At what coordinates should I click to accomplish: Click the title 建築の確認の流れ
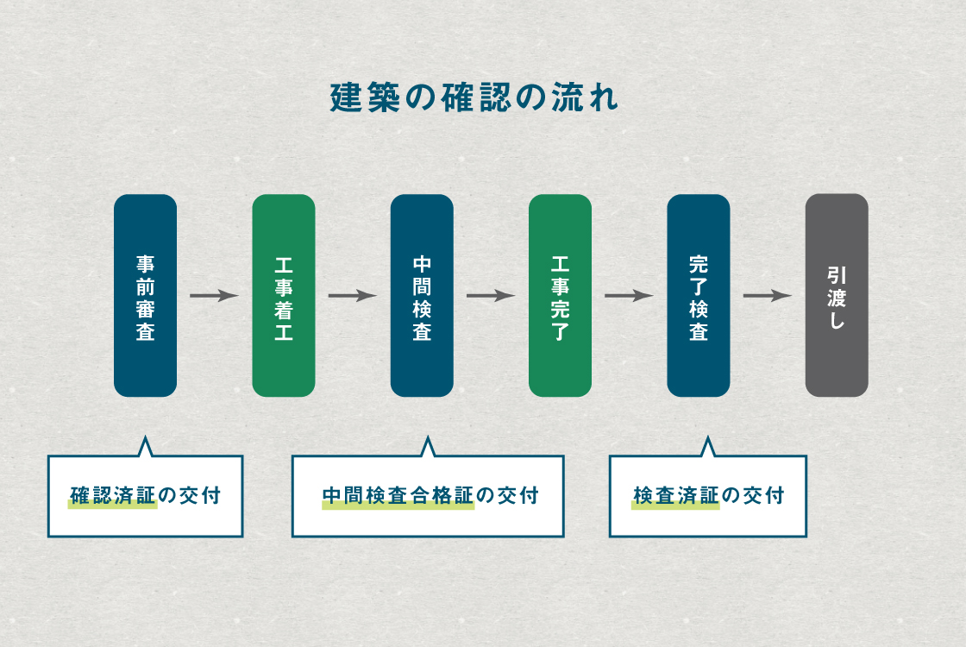[474, 97]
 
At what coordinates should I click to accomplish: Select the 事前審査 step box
[145, 295]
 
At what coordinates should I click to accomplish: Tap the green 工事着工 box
[284, 295]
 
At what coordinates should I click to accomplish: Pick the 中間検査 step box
[422, 295]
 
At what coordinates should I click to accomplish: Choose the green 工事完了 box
[560, 295]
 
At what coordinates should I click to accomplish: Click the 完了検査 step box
[699, 295]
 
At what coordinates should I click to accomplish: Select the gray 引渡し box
[837, 295]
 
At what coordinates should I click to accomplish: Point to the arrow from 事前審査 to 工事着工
[214, 296]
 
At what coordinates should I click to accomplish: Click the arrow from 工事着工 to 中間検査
[352, 296]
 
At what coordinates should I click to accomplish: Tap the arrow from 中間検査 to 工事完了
[491, 296]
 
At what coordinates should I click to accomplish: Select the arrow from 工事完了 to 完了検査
[629, 296]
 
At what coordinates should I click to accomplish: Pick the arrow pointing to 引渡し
[768, 296]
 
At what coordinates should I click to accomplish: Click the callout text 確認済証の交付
[145, 496]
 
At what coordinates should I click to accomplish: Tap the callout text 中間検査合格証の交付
[430, 496]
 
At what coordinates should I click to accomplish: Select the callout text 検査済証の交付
[708, 496]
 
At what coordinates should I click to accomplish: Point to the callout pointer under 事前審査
[145, 447]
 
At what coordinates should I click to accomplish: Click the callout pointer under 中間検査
[427, 447]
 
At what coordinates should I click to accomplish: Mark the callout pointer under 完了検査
[708, 447]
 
